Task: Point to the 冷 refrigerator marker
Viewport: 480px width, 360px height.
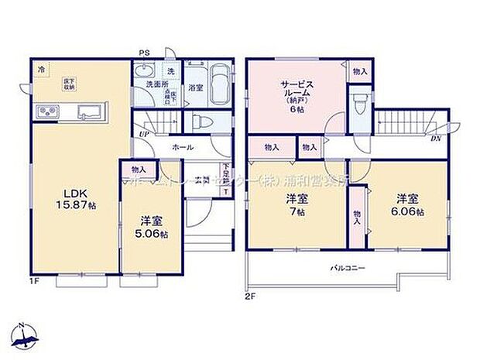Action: coord(40,69)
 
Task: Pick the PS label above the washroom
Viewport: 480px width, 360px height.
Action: coord(144,53)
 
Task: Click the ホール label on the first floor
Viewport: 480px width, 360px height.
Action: coord(183,146)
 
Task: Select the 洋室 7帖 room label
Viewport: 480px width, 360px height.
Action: coord(297,204)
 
